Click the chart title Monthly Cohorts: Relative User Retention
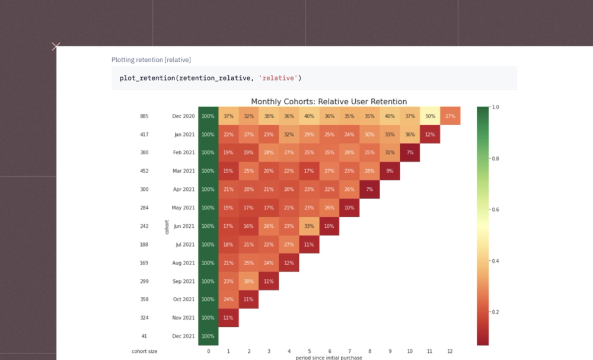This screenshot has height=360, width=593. pyautogui.click(x=329, y=101)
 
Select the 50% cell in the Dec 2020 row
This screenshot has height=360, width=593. pyautogui.click(x=430, y=116)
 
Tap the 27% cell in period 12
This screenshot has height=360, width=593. pyautogui.click(x=450, y=116)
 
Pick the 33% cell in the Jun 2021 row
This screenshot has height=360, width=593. pyautogui.click(x=309, y=226)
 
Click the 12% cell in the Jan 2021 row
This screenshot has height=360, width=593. pyautogui.click(x=430, y=135)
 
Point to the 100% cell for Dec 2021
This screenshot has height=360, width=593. pyautogui.click(x=208, y=336)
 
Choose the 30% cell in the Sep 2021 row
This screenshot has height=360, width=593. pyautogui.click(x=248, y=281)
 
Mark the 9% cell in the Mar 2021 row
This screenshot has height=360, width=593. pyautogui.click(x=390, y=171)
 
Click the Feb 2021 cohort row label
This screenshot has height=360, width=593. pyautogui.click(x=184, y=153)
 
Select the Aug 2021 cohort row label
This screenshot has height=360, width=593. pyautogui.click(x=184, y=263)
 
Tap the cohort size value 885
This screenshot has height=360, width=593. pyautogui.click(x=144, y=116)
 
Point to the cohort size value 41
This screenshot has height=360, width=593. pyautogui.click(x=144, y=336)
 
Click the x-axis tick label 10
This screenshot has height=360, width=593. pyautogui.click(x=410, y=351)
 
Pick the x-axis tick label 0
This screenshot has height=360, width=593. pyautogui.click(x=208, y=351)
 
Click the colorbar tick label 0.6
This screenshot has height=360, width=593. pyautogui.click(x=495, y=209)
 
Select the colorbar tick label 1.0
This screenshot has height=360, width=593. pyautogui.click(x=495, y=107)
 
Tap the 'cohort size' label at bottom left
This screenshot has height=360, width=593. pyautogui.click(x=144, y=351)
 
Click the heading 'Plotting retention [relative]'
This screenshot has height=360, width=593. pyautogui.click(x=151, y=60)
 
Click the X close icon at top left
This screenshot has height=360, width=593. pyautogui.click(x=56, y=46)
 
